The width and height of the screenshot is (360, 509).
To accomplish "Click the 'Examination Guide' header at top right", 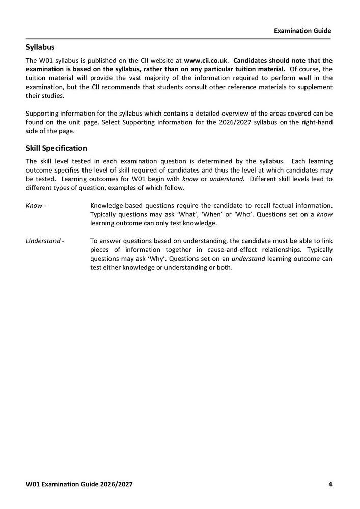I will (x=302, y=31).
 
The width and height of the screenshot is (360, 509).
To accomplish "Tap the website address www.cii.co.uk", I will (x=209, y=60).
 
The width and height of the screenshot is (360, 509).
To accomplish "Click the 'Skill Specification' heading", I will (x=56, y=148).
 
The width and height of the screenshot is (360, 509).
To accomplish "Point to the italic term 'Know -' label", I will (x=36, y=206).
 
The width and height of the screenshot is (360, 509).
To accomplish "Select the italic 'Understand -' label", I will (x=45, y=241).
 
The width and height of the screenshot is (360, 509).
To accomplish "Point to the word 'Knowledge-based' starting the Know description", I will (x=115, y=206).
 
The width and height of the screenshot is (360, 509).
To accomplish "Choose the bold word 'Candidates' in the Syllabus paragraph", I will (x=253, y=60).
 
